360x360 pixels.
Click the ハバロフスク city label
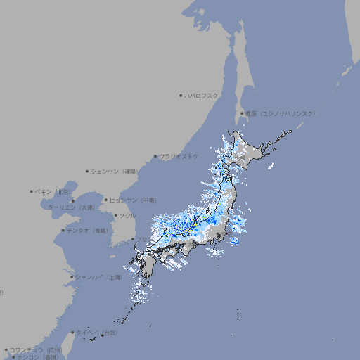coord(202,95)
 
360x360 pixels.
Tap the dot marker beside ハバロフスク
coord(181,95)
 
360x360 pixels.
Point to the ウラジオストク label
coord(179,156)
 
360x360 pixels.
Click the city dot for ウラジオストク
coord(155,156)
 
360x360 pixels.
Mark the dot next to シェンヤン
coord(87,171)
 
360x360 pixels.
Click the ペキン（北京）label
coord(54,191)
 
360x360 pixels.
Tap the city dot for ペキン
coord(32,191)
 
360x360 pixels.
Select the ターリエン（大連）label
coord(71,207)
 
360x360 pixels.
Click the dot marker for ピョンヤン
coord(106,200)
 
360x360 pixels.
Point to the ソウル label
coord(127,215)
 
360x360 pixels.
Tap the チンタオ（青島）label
coord(88,230)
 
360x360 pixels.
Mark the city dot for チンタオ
coord(63,230)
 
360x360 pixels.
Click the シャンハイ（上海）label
coord(99,277)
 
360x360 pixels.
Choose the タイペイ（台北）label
coord(98,332)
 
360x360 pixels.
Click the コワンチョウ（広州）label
coord(36,349)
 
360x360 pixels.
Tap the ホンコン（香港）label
coord(38,357)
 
